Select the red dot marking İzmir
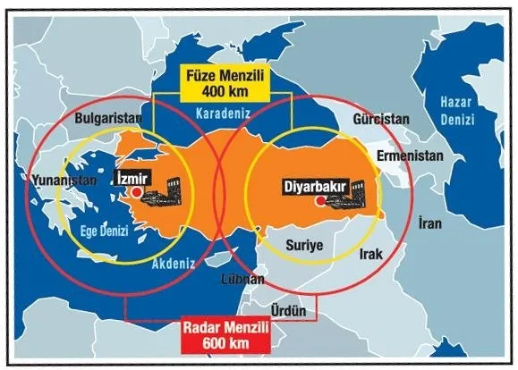(135, 191)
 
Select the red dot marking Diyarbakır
(319, 202)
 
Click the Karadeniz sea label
(223, 114)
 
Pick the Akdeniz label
(174, 265)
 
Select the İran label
(429, 220)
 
